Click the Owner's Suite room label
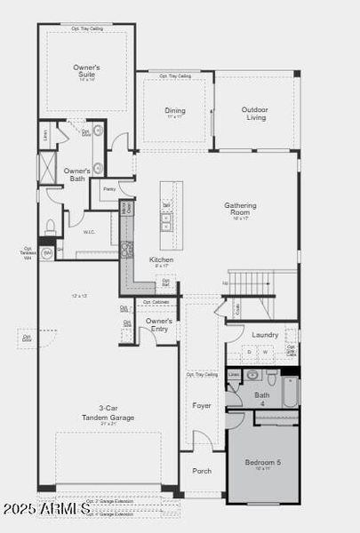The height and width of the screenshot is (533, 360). tap(86, 71)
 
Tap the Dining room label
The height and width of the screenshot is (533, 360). tap(175, 112)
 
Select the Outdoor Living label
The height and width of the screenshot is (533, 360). tap(254, 114)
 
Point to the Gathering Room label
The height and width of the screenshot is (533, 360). tap(240, 210)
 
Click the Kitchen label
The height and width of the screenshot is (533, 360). tap(161, 260)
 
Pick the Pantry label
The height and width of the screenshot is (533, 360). tap(109, 188)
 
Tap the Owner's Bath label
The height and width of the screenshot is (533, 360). tap(76, 174)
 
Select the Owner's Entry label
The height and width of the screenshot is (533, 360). tap(159, 325)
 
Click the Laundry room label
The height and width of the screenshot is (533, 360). tap(265, 335)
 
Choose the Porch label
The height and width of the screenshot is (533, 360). tap(202, 471)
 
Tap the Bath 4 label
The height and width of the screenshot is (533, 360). tap(261, 398)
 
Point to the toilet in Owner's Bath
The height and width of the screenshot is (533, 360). tap(52, 225)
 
